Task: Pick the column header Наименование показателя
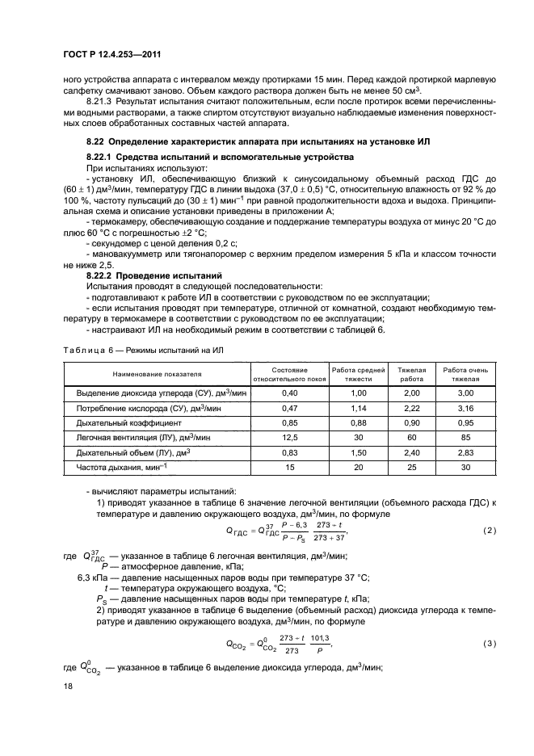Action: point(157,373)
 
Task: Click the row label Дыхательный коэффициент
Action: point(129,422)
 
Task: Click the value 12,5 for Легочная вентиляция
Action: point(289,437)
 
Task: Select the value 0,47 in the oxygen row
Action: point(289,407)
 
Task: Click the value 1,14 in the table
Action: point(358,407)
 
